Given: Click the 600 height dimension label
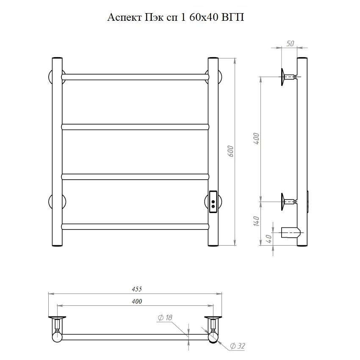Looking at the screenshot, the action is pyautogui.click(x=231, y=151).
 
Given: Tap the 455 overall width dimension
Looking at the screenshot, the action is pyautogui.click(x=137, y=289).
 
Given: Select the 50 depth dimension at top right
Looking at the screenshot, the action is pyautogui.click(x=290, y=43).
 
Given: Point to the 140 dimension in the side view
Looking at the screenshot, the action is pyautogui.click(x=257, y=221).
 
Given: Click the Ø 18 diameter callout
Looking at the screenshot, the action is pyautogui.click(x=165, y=318).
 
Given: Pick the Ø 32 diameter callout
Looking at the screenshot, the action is pyautogui.click(x=238, y=346).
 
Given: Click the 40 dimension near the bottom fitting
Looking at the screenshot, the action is pyautogui.click(x=269, y=239).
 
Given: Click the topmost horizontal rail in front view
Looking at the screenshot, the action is pyautogui.click(x=135, y=77).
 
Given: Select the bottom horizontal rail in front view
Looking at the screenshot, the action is pyautogui.click(x=135, y=227).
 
